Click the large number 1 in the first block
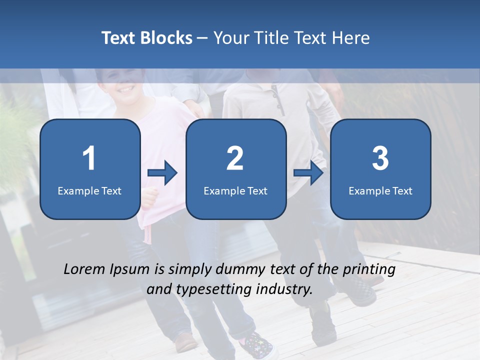tap(89, 158)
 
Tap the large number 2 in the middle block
tap(235, 158)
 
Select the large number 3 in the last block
tap(380, 158)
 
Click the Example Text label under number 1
tap(89, 190)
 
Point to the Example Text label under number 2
tap(235, 190)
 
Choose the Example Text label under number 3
tap(380, 190)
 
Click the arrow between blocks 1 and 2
tap(162, 173)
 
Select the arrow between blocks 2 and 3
tap(308, 173)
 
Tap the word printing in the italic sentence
tap(369, 270)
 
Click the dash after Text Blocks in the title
tap(202, 38)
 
